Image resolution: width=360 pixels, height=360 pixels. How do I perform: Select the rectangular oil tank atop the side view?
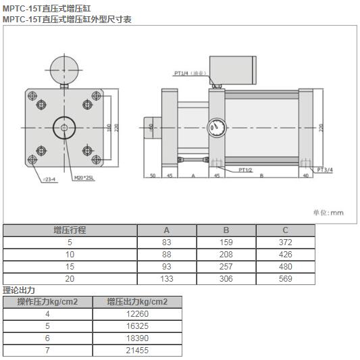[233, 68]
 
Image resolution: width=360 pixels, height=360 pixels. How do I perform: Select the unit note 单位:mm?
[328, 212]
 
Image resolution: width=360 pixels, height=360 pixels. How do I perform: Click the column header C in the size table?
[285, 230]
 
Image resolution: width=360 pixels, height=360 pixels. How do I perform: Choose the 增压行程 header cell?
[70, 230]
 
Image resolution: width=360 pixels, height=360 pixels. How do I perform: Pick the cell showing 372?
[285, 242]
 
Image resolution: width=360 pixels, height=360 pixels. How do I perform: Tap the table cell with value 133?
[167, 278]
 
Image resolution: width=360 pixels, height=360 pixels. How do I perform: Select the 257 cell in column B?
[226, 266]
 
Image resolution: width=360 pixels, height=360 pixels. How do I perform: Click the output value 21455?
[136, 351]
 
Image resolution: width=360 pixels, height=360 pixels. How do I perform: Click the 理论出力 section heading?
[18, 290]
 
